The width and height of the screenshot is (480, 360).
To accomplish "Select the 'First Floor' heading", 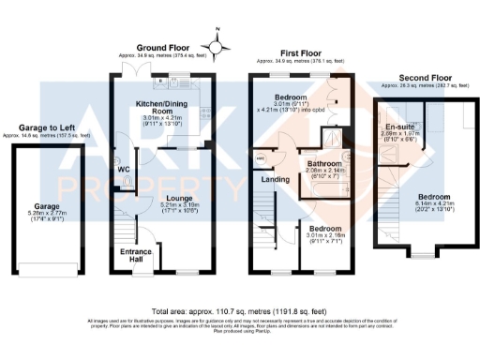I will tap(298, 46).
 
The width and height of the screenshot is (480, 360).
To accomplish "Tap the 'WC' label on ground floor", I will tap(123, 169).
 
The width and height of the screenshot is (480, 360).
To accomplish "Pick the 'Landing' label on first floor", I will tap(275, 178).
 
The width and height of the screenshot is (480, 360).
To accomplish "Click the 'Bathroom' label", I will tap(324, 163).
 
